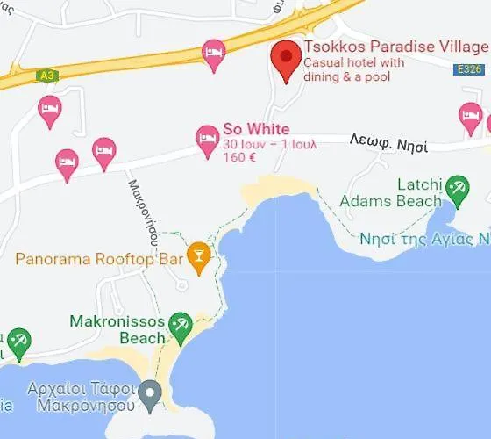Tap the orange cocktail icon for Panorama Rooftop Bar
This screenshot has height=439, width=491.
coord(200,257)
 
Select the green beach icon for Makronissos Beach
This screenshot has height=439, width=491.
coord(180,326)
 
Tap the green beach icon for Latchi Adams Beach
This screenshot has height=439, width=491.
coord(456,186)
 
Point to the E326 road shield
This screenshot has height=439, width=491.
coord(469,68)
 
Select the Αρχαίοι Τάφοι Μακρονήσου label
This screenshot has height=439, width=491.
coord(87,397)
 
